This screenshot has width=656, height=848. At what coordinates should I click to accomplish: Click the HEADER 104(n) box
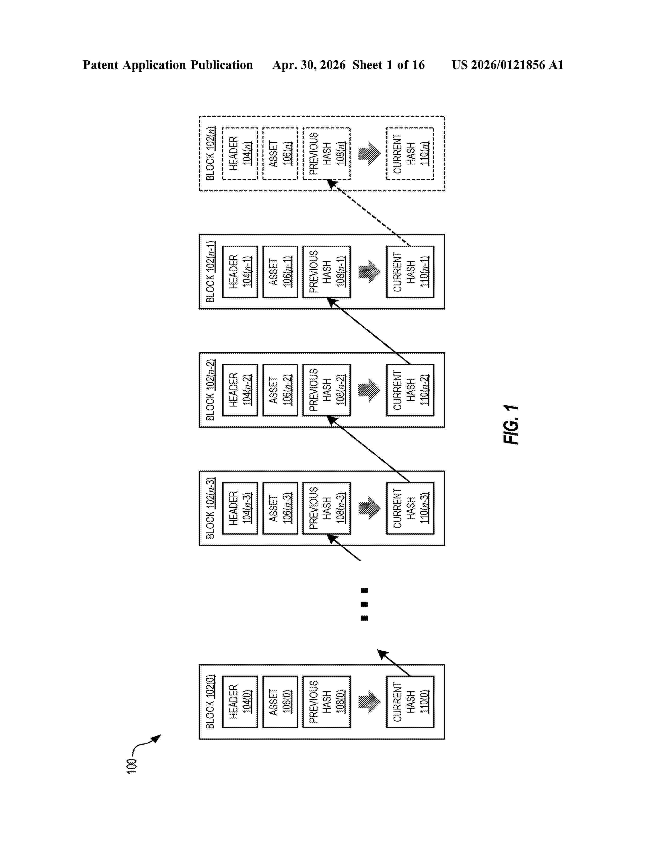pos(240,153)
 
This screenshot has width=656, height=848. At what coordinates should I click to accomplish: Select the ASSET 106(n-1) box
pos(280,272)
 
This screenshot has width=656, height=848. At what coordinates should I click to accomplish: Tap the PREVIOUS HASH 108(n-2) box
pos(326,390)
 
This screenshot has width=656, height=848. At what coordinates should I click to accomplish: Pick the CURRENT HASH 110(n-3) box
pos(410,508)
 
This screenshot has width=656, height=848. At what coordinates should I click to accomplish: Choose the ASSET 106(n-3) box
pos(280,508)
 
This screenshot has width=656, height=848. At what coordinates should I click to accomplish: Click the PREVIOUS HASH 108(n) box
pos(326,153)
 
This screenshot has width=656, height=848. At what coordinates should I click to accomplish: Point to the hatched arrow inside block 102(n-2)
pos(369,390)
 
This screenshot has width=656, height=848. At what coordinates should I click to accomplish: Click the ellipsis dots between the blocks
pos(364,604)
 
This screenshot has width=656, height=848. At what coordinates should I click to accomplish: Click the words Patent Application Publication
pos(168,65)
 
